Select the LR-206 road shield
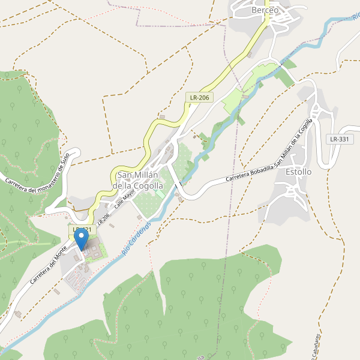pos(200,97)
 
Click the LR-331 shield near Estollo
pos(340,139)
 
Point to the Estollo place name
pos(299,172)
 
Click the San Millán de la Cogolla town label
pos(138,180)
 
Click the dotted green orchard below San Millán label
pos(149,204)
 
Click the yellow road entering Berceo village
pos(258,36)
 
